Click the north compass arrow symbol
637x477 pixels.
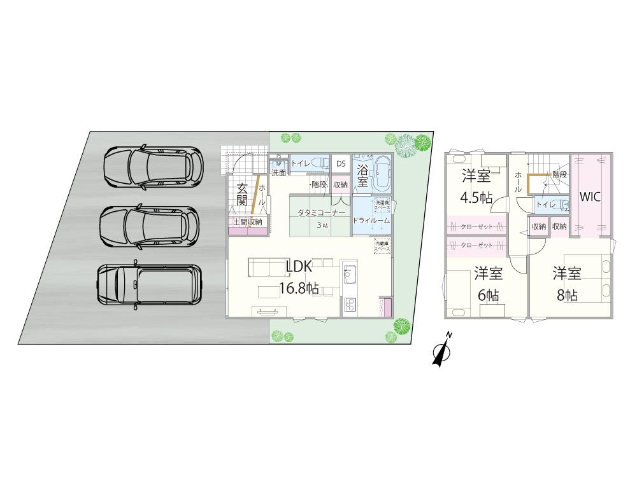pyautogui.click(x=441, y=351)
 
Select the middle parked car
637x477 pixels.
pyautogui.click(x=150, y=226)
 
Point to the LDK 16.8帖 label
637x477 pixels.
pyautogui.click(x=299, y=277)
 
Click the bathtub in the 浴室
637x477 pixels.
pyautogui.click(x=382, y=173)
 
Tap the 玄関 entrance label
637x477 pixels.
pyautogui.click(x=243, y=193)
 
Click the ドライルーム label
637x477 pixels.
pyautogui.click(x=371, y=220)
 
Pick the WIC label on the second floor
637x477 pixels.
pyautogui.click(x=590, y=198)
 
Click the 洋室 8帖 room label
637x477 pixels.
pyautogui.click(x=566, y=284)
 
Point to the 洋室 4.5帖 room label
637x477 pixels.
pyautogui.click(x=476, y=187)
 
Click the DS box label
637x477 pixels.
pyautogui.click(x=341, y=164)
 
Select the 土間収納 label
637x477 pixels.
pyautogui.click(x=248, y=222)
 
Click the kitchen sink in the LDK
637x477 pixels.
pyautogui.click(x=349, y=278)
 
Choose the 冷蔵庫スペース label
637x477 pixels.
pyautogui.click(x=382, y=245)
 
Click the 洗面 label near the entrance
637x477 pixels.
pyautogui.click(x=278, y=172)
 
